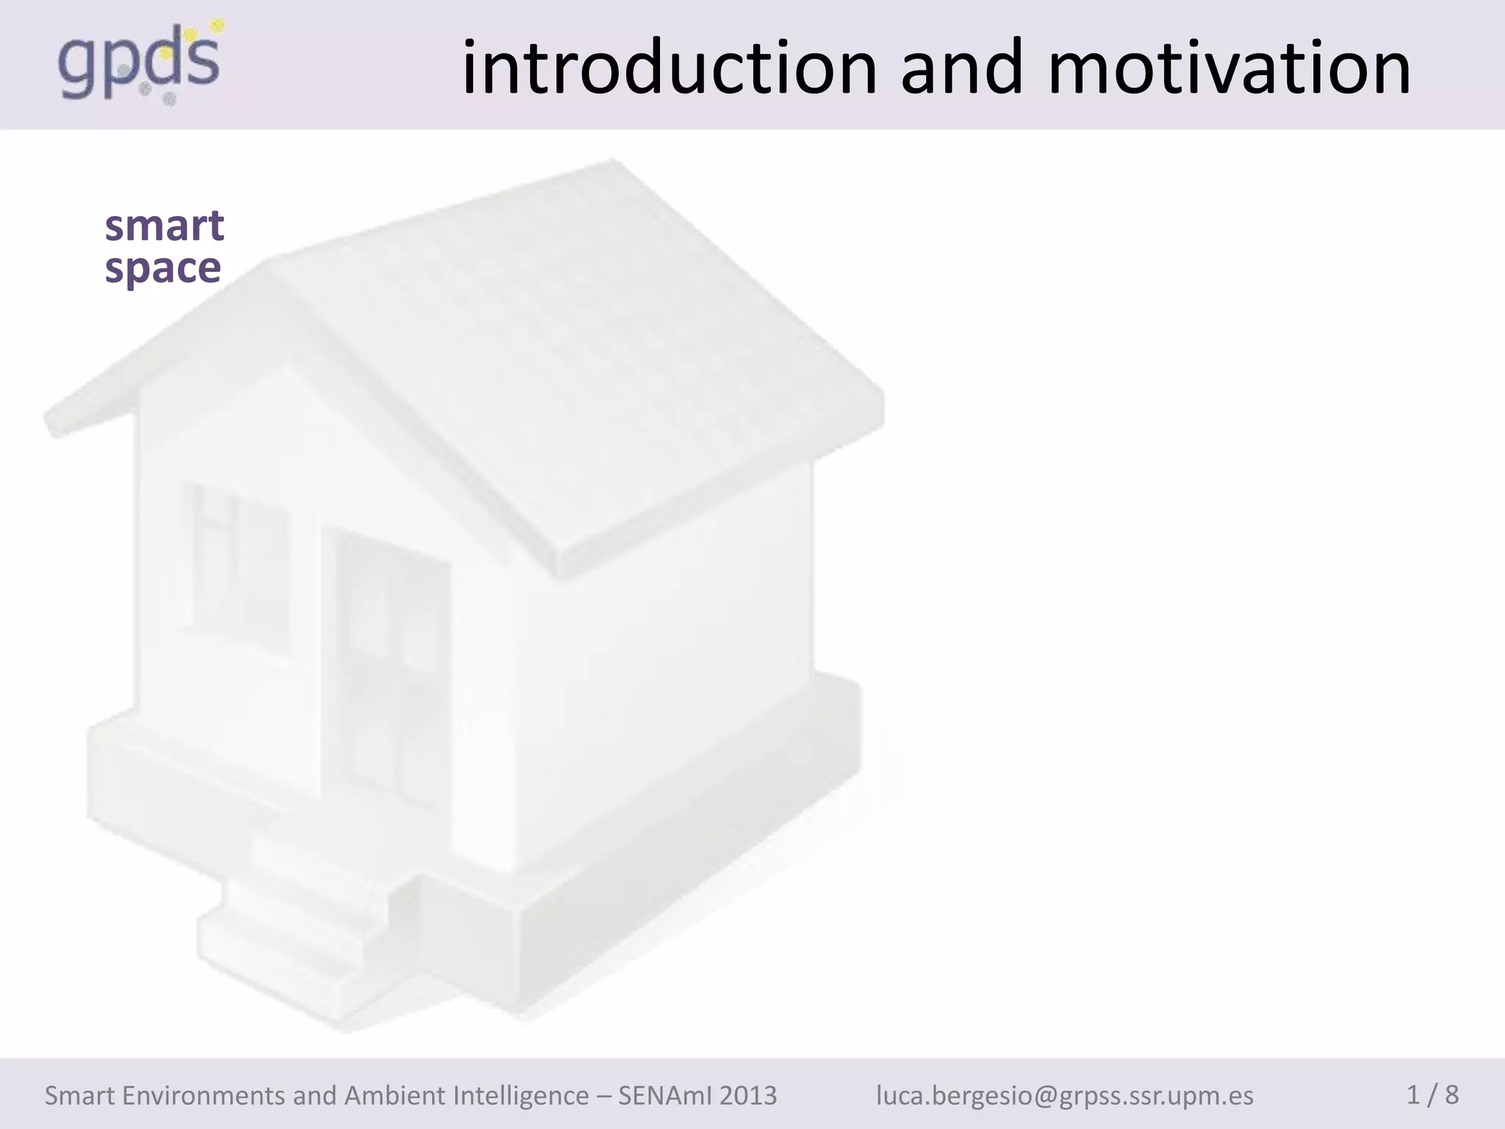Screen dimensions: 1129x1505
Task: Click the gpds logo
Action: click(140, 65)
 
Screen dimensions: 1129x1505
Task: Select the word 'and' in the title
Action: click(962, 68)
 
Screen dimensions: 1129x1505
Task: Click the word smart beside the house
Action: click(164, 226)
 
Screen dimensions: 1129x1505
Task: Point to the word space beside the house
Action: click(162, 268)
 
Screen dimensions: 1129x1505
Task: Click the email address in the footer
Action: click(1065, 1095)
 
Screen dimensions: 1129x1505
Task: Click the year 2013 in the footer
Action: click(747, 1095)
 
